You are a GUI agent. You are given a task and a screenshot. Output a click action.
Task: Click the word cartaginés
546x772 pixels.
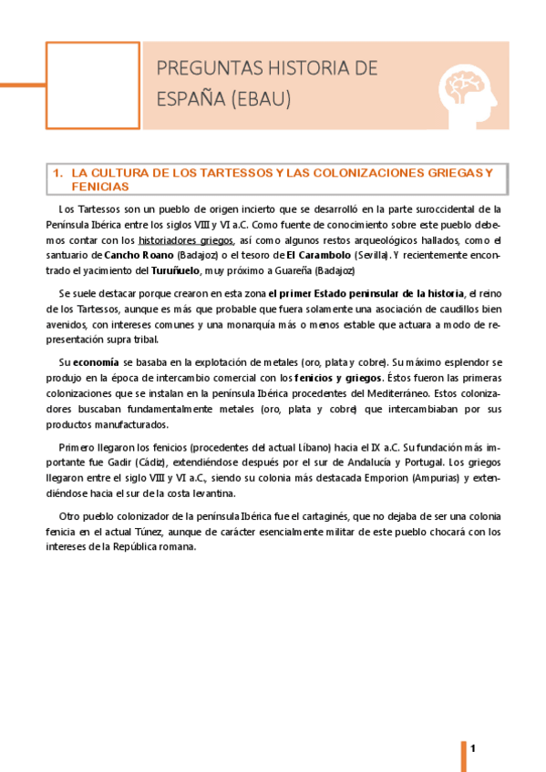coord(314,517)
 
